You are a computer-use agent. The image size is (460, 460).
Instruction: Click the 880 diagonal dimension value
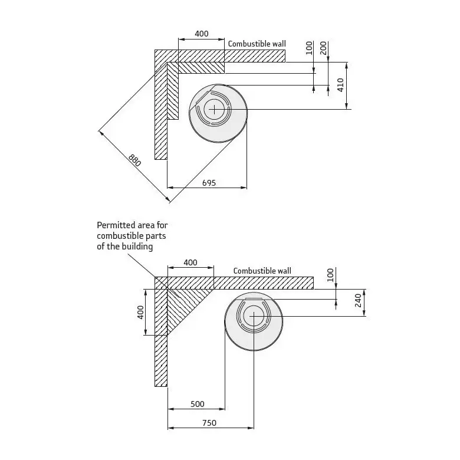point(134,160)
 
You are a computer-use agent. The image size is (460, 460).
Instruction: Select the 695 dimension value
point(209,183)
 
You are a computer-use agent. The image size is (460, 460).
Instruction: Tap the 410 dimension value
point(340,85)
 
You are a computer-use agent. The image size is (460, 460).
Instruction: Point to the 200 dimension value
point(323,48)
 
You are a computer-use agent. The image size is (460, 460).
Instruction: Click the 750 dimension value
point(209,423)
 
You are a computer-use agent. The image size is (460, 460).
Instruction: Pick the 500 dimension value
point(198,404)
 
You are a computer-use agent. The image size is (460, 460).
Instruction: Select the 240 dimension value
point(358,301)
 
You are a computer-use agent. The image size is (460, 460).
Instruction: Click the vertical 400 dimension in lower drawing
point(140,313)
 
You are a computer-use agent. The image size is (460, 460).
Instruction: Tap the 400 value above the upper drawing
point(202,34)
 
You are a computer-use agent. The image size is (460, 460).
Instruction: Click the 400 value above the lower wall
point(190,262)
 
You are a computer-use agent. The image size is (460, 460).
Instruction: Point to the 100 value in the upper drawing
point(309,48)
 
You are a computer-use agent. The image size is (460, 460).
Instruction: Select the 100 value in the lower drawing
point(330,275)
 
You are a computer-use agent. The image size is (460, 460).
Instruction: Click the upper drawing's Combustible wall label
point(257,44)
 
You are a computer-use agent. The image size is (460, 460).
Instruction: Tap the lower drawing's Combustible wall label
point(262,271)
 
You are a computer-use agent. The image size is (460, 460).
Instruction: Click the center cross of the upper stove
point(214,110)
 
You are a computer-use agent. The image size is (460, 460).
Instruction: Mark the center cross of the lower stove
point(254,316)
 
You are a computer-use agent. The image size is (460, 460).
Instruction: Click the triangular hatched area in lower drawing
point(182,304)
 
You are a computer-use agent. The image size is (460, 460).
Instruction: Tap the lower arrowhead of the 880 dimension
point(168,199)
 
